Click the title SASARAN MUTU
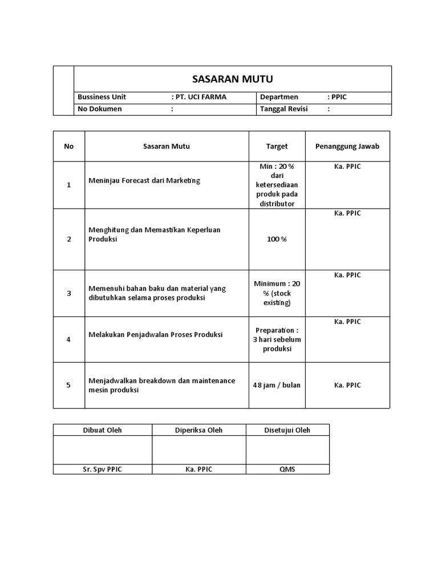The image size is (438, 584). [x=232, y=79]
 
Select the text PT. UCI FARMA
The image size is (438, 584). [x=200, y=97]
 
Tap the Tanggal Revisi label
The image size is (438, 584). [x=283, y=109]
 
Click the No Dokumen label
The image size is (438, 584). [x=100, y=109]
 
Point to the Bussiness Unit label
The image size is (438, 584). [x=102, y=97]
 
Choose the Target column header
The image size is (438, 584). [x=277, y=146]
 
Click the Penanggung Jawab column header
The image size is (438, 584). [x=347, y=146]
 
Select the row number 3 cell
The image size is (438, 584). [x=69, y=293]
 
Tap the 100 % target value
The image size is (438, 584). [x=277, y=239]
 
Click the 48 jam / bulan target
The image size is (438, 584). [x=277, y=385]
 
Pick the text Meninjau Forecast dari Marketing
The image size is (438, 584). [x=145, y=181]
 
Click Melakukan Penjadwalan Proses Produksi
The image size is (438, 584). [x=156, y=334]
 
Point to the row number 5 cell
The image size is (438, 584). [x=69, y=385]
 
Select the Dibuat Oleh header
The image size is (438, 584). [x=103, y=430]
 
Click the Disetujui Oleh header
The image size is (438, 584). [x=287, y=430]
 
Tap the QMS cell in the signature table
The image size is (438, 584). [x=287, y=469]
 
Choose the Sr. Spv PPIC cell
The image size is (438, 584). [x=103, y=469]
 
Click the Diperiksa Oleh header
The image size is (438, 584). [x=199, y=430]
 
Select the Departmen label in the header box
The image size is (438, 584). [x=279, y=97]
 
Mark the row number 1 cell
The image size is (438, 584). [x=69, y=185]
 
